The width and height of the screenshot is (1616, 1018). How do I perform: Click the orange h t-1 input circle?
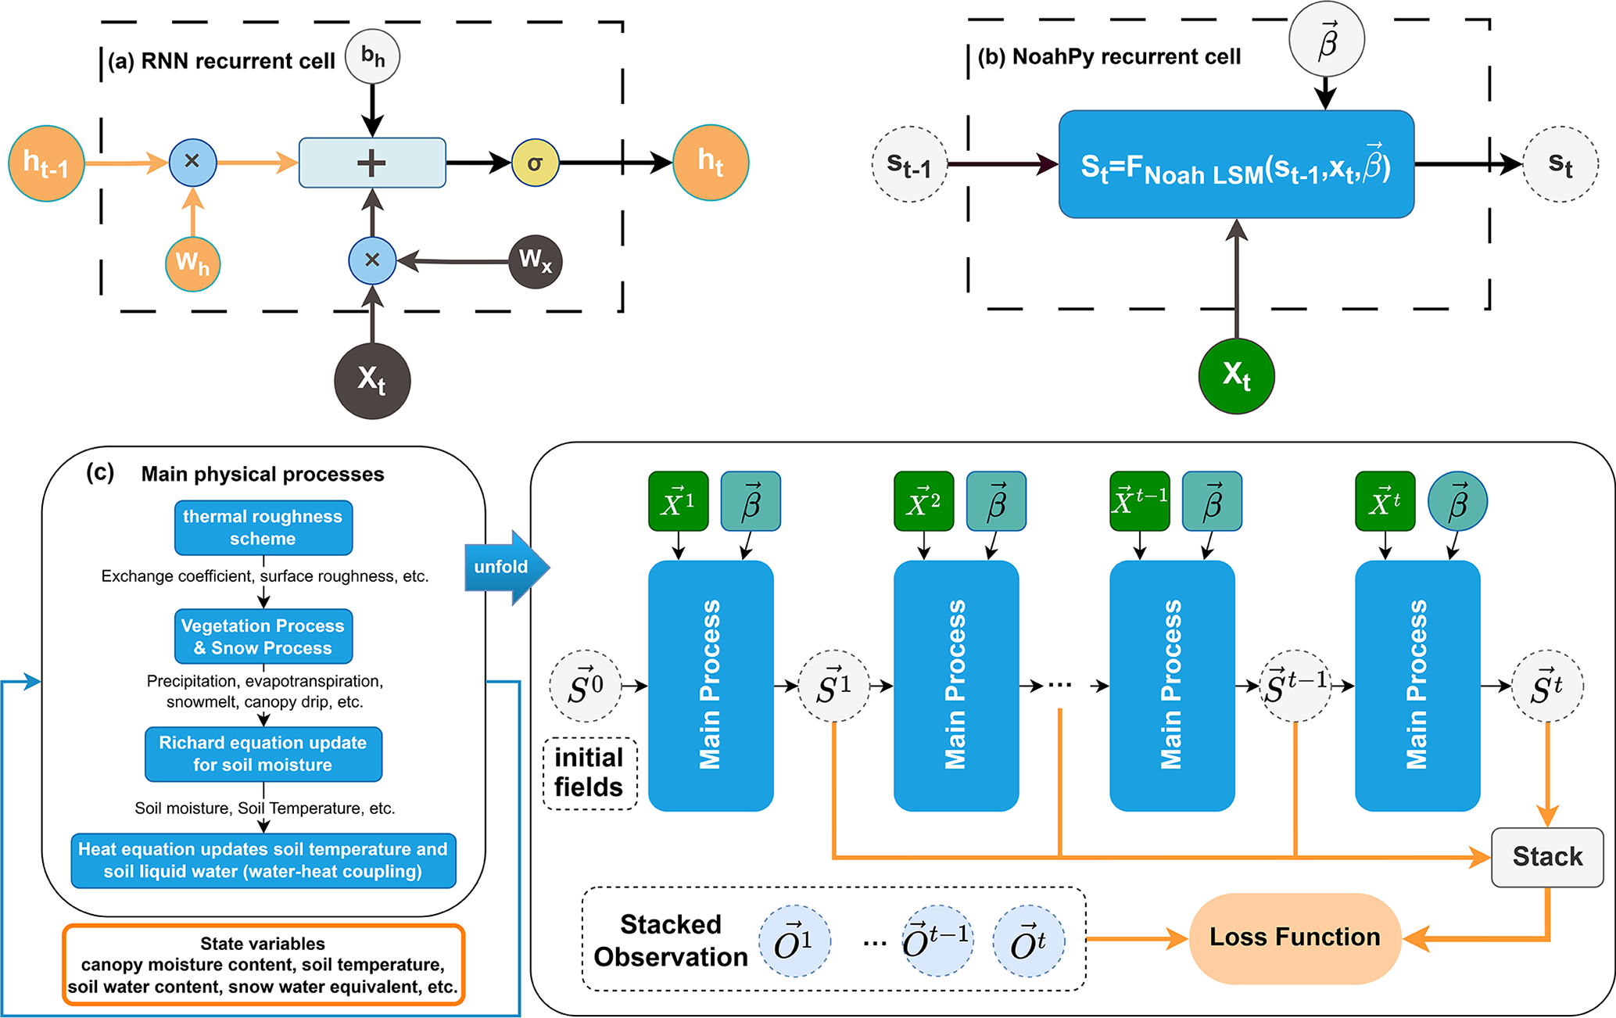46,163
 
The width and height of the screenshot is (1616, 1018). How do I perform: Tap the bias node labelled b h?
372,56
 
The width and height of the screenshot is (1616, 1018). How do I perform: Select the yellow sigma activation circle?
535,163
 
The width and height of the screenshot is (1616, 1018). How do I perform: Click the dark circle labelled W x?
535,260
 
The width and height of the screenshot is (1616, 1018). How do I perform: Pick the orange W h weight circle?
192,263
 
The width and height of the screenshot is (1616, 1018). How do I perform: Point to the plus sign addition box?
372,163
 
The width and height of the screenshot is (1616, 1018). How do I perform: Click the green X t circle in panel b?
1236,375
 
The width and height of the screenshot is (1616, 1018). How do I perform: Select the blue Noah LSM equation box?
1236,164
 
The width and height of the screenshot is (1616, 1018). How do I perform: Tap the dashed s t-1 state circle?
909,164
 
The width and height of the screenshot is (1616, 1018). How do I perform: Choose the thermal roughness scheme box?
263,528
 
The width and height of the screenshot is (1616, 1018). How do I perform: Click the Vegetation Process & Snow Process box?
263,636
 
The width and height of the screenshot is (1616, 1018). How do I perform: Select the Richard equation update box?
263,754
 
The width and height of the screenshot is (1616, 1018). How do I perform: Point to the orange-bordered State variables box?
263,965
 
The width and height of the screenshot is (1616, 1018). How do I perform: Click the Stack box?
1546,857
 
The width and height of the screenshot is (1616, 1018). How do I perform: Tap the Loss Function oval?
1294,937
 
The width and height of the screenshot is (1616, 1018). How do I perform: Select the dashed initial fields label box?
589,772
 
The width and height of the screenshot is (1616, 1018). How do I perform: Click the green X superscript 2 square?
923,501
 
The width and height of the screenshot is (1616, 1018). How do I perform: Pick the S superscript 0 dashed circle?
586,686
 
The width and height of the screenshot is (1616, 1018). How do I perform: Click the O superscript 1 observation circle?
794,941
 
